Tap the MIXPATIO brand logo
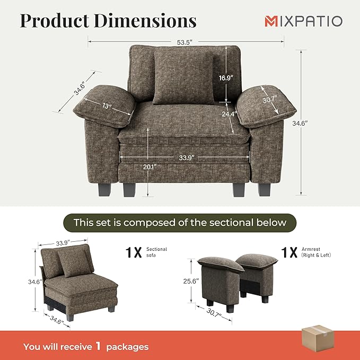[x=304, y=21]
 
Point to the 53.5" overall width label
[x=186, y=40]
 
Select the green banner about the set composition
[x=180, y=222]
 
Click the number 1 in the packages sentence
[x=98, y=346]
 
